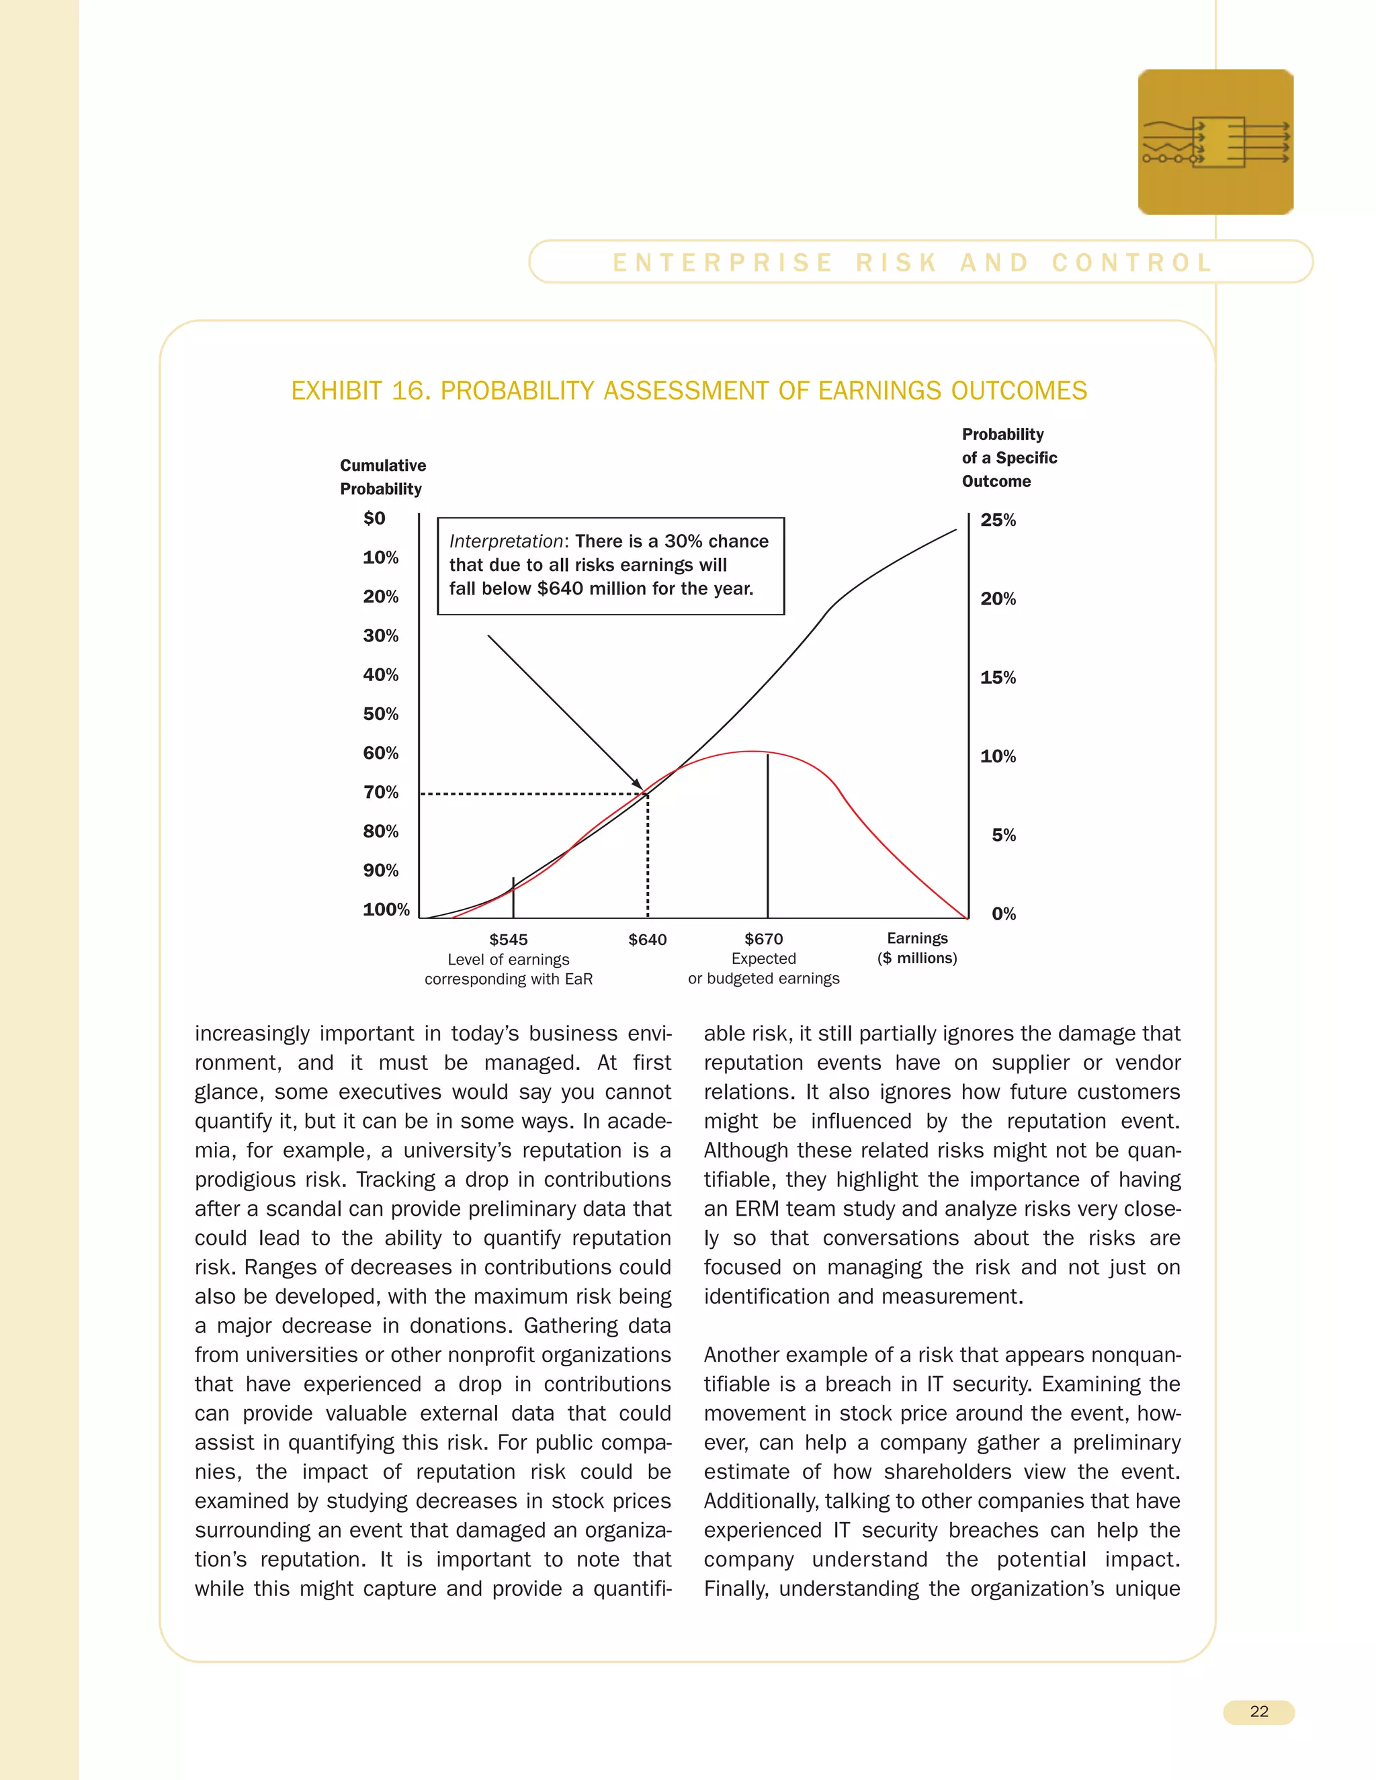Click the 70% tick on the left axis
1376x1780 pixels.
coord(381,792)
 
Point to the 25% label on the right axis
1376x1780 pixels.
coord(998,520)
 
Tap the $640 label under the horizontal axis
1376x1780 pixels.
coord(647,940)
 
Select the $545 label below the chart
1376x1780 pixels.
coord(508,940)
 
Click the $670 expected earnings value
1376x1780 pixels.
coord(763,939)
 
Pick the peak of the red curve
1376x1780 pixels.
coord(752,752)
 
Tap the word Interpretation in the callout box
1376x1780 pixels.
coord(505,541)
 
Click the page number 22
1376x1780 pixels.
coord(1258,1711)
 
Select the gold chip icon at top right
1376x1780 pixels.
coord(1215,142)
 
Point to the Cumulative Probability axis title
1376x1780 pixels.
coord(382,477)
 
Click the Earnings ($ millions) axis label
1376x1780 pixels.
coord(917,948)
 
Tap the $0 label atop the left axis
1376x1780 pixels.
coord(374,519)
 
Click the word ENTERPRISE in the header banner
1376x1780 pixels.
coord(722,263)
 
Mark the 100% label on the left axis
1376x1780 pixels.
coord(386,909)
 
